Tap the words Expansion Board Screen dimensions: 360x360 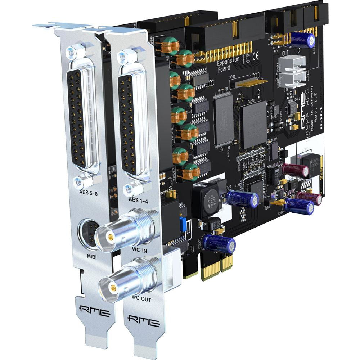(x=228, y=65)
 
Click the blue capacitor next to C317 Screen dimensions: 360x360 (x=219, y=243)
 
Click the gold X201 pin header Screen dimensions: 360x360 (x=248, y=82)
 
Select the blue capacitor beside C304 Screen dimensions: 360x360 (x=299, y=207)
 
